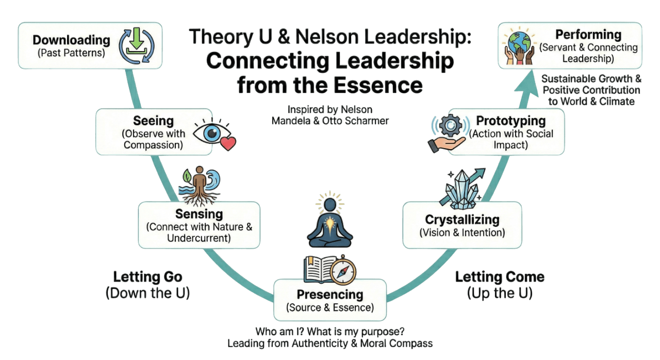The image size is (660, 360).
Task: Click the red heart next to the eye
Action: [227, 143]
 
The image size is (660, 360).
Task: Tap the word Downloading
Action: [71, 40]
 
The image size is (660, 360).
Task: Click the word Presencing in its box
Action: [330, 294]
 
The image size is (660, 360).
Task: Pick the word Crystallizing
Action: [462, 220]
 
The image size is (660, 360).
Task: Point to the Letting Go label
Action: [147, 277]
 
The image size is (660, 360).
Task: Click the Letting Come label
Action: [499, 277]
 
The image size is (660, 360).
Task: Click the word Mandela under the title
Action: [292, 121]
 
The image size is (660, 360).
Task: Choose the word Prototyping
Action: [510, 121]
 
